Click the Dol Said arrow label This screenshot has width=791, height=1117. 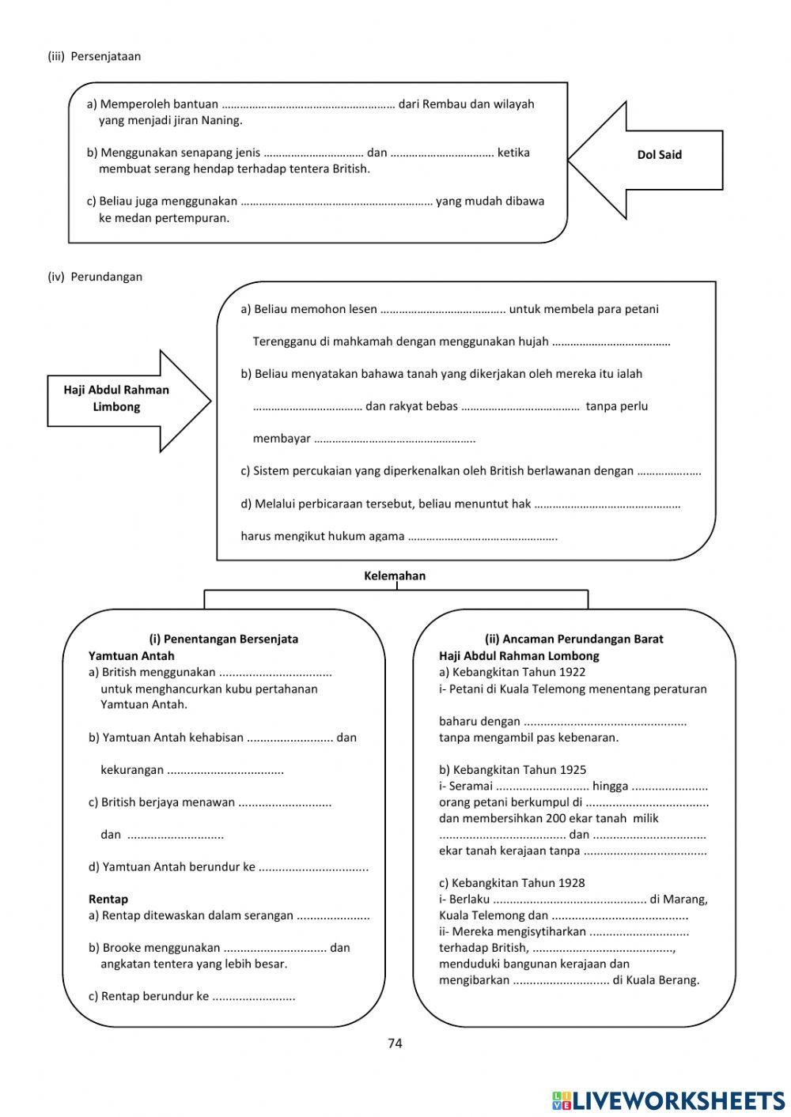(x=659, y=155)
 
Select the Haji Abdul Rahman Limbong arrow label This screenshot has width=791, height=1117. (x=116, y=398)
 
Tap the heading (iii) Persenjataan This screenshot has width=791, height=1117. (x=94, y=56)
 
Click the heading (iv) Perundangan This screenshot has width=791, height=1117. (x=95, y=277)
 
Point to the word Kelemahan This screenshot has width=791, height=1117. (x=395, y=575)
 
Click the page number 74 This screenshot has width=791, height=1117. (x=395, y=1043)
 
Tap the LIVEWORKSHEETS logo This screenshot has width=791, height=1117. (x=668, y=1100)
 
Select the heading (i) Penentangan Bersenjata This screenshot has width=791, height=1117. (x=224, y=639)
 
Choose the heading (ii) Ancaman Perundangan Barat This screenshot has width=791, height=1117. (x=573, y=639)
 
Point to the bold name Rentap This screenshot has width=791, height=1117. (x=108, y=899)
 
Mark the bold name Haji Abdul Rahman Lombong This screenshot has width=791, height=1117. (x=519, y=655)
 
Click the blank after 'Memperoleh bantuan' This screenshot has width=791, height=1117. (x=308, y=104)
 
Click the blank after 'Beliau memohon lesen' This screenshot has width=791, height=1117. (x=443, y=310)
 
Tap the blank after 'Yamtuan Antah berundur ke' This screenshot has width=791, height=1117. (x=313, y=867)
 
